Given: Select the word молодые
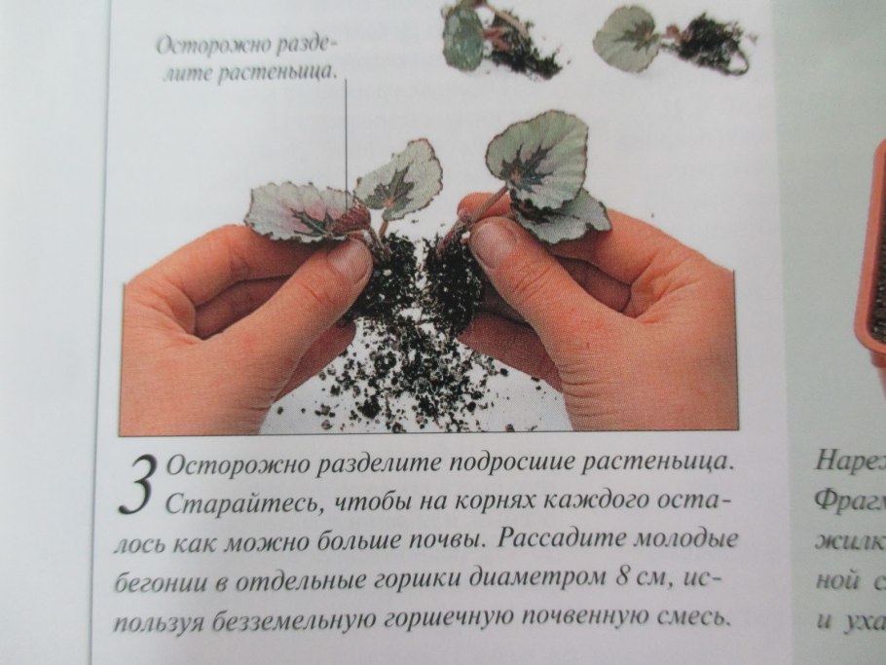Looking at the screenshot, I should (x=700, y=538).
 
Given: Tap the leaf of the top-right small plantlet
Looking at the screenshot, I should (x=628, y=36).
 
